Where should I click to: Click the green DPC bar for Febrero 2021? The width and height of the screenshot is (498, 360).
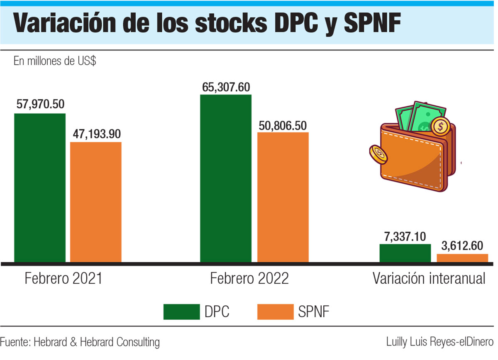pos(40,187)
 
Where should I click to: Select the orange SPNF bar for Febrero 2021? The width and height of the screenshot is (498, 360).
pos(95,202)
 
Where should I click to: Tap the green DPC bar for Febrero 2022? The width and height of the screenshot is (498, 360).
pos(226,178)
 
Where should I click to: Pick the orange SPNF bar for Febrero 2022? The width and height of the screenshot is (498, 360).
pos(283,197)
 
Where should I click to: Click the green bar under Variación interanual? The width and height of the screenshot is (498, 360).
pos(405,253)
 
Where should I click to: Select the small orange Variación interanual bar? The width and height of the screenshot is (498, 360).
pos(462,258)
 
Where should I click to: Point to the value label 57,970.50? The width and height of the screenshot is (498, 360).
pos(40,104)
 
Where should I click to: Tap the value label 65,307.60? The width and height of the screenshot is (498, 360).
pos(226,87)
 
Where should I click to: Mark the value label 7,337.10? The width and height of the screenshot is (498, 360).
pos(405,237)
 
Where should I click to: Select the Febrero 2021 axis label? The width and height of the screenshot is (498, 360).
pos(63,278)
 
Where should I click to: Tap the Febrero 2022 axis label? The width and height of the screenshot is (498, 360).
pos(249,278)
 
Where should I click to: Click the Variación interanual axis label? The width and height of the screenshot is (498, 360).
pos(429,278)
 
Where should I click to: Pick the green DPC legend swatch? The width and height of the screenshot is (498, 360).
pos(181,312)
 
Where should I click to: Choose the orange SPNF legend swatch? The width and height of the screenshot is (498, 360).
pos(275,312)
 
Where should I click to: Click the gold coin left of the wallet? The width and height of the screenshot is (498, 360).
pos(378,155)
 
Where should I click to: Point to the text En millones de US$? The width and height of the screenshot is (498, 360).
pos(55,61)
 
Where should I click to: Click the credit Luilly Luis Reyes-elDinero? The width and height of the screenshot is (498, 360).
pos(439,342)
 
